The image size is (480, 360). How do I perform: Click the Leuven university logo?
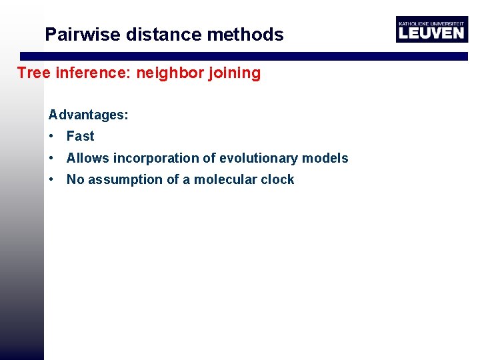[x=431, y=29]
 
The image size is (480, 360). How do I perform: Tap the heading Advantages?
[x=89, y=115]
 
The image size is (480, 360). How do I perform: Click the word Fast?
[x=80, y=136]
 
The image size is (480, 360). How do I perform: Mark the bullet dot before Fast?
[x=51, y=137]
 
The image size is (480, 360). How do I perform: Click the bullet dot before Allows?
[x=51, y=159]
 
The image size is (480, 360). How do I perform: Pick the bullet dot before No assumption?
[x=51, y=180]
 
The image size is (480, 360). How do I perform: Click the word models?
[x=325, y=158]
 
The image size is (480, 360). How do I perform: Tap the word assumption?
[x=122, y=180]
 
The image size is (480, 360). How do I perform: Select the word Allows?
[x=88, y=158]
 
